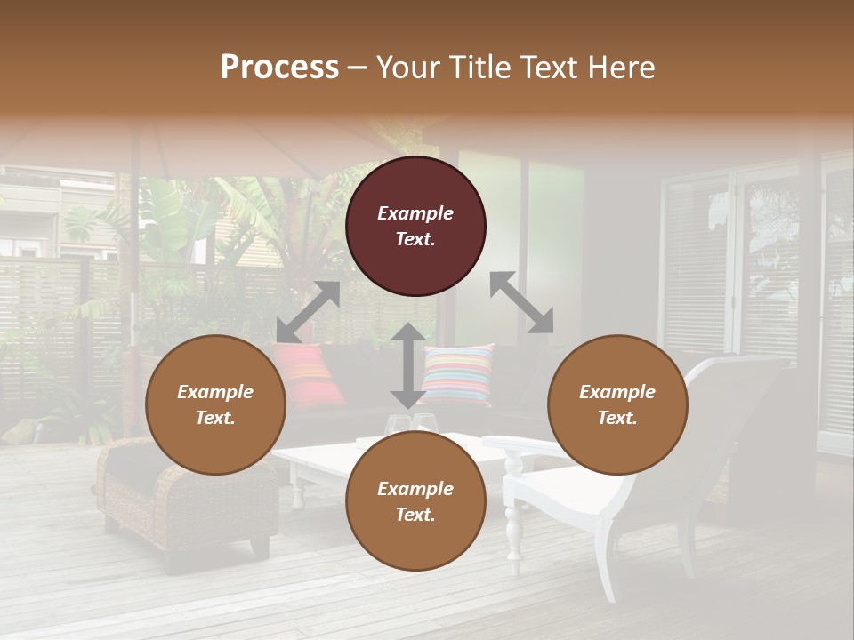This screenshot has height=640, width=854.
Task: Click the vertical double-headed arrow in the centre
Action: [x=407, y=365]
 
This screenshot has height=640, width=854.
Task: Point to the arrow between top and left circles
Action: [x=308, y=312]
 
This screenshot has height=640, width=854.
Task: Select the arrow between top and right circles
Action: [x=521, y=302]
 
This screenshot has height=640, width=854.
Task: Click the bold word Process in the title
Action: [x=279, y=67]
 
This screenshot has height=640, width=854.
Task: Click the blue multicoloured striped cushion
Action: [x=457, y=373]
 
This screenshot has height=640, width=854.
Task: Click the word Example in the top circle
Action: [x=415, y=213]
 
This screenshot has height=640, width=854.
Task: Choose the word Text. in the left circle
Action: [x=215, y=418]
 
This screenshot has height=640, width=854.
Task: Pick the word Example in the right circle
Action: [x=617, y=392]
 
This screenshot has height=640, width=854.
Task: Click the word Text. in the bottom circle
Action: [x=415, y=515]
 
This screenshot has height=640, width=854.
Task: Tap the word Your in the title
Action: [x=406, y=67]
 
